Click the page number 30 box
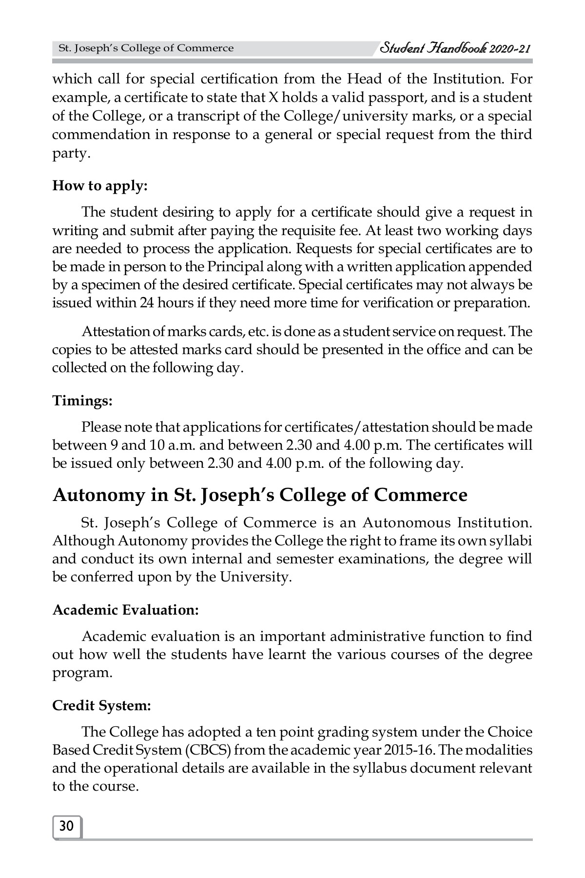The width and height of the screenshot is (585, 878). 66,826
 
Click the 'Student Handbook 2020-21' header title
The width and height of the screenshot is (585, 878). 454,48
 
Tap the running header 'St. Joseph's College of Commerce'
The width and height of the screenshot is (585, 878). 146,48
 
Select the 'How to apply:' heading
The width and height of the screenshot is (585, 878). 99,186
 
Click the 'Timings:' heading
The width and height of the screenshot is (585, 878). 82,401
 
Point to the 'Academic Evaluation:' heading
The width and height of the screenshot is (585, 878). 125,610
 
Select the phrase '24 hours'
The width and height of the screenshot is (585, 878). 163,303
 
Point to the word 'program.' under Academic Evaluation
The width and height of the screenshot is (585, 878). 82,673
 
